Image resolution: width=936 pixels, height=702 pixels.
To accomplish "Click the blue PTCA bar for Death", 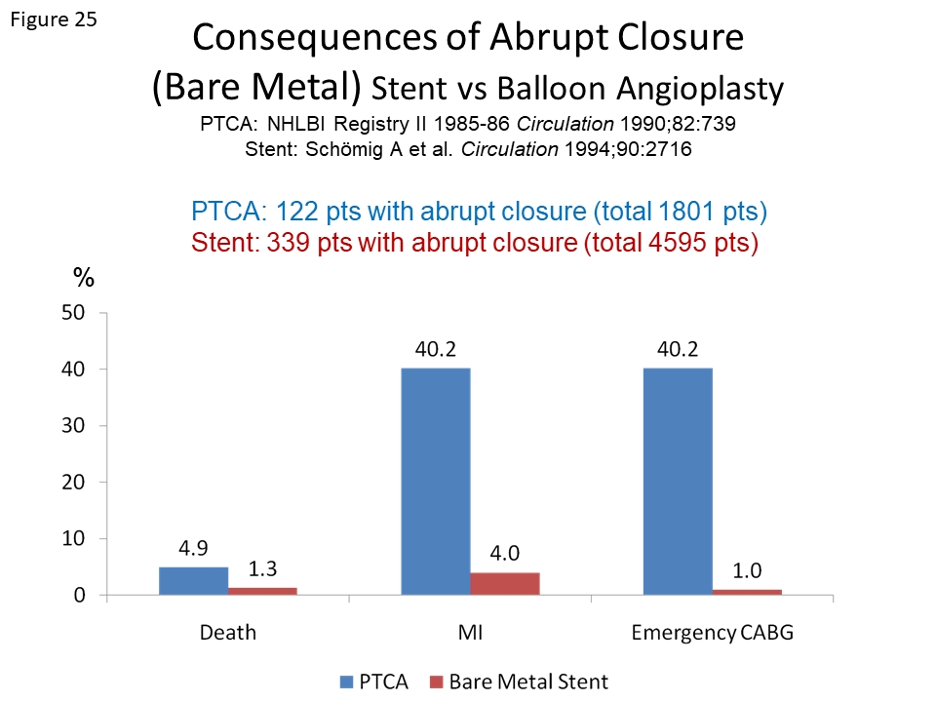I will (193, 581).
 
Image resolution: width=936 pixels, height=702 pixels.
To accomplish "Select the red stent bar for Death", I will (262, 591).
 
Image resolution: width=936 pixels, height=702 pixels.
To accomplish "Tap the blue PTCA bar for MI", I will (436, 482).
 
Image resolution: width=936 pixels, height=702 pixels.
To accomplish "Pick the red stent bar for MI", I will (505, 583).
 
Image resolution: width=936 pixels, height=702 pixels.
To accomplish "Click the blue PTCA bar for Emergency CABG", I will (678, 482).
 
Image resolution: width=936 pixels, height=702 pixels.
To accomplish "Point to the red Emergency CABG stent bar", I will (747, 592).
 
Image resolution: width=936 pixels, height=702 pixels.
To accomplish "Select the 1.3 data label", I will (262, 566).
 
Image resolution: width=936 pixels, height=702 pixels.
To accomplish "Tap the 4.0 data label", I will (505, 552).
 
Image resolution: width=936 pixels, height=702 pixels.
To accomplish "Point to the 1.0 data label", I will (747, 569).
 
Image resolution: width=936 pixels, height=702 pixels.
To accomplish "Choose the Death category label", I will (228, 632).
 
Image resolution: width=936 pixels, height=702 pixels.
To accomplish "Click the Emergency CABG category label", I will (713, 632).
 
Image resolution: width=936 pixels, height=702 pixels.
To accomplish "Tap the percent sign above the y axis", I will (84, 279).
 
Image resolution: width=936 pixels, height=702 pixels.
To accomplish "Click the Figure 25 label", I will (54, 20).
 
